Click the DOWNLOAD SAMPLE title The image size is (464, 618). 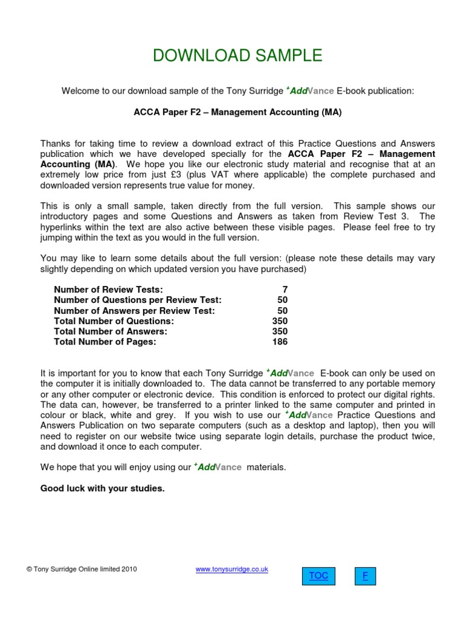[237, 56]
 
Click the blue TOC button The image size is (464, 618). [318, 576]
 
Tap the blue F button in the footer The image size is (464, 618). [365, 576]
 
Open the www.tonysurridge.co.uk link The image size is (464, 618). [232, 569]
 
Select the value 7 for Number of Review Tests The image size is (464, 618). [285, 290]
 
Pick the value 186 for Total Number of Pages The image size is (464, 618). [280, 342]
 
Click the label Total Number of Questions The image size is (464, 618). [114, 321]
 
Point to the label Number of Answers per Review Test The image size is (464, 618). [134, 311]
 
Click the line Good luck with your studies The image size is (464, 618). [102, 488]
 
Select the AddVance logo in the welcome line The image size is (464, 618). [309, 91]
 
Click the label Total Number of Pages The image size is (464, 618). [105, 342]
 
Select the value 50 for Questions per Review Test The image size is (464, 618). [282, 300]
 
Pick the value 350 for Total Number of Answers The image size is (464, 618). [280, 331]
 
